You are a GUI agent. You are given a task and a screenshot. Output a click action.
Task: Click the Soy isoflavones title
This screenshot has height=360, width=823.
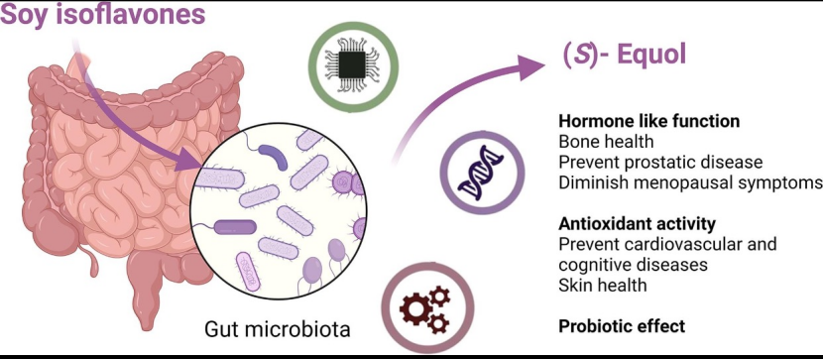coord(102,14)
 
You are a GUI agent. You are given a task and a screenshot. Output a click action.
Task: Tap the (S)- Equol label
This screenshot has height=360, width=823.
coord(624,56)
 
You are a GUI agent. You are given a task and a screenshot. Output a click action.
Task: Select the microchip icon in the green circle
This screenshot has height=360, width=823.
coord(353,65)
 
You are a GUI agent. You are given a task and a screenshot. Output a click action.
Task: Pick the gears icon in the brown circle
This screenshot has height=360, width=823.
coord(425,309)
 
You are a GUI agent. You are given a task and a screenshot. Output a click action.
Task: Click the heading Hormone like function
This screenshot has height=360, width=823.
coord(649,121)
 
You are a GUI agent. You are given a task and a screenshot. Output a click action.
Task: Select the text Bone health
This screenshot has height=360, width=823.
coord(606,142)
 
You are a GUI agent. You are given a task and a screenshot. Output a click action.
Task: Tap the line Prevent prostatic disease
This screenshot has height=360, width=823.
coord(660,162)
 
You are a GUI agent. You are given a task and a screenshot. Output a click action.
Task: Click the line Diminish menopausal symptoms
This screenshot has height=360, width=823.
coord(690,182)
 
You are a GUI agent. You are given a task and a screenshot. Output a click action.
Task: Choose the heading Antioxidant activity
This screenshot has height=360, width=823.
coord(638,224)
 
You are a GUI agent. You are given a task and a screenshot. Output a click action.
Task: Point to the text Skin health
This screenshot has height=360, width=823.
coord(603,285)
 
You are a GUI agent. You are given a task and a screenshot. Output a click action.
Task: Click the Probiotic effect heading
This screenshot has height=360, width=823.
coord(622,326)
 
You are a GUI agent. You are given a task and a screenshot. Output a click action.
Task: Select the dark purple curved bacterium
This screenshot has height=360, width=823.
coord(274,157)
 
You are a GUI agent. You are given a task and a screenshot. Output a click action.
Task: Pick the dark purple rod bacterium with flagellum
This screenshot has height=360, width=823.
coord(235,227)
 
